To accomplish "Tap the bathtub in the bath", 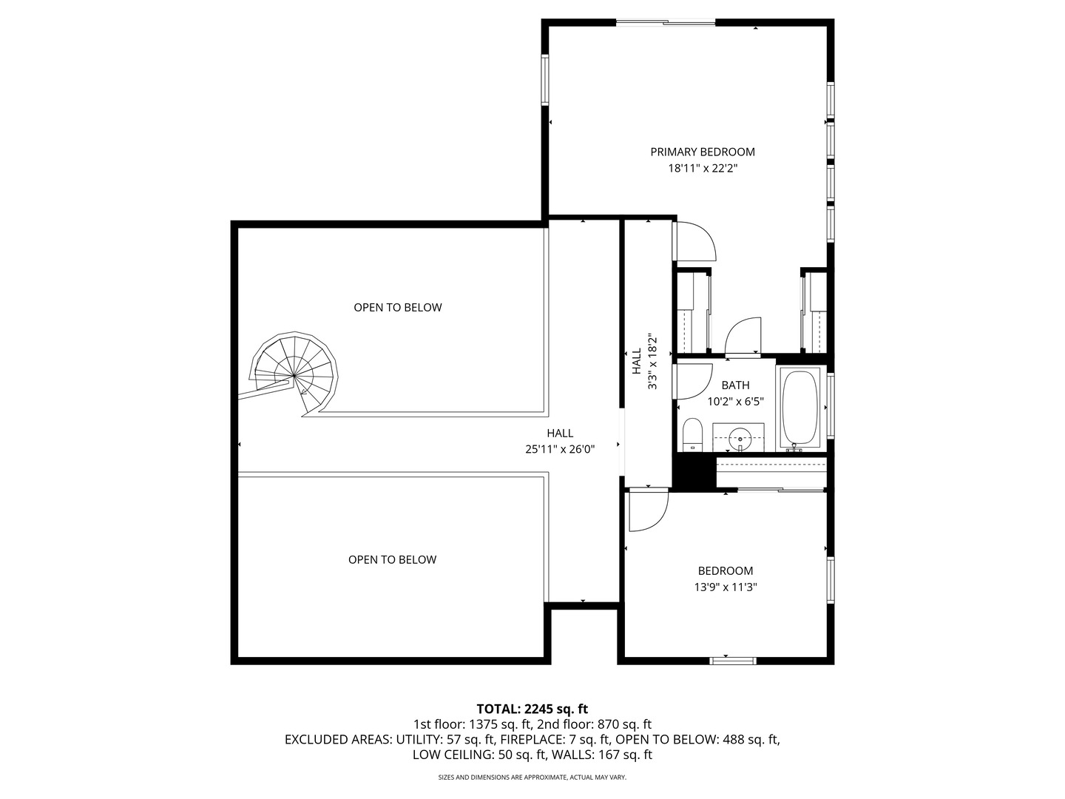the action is tap(800, 408).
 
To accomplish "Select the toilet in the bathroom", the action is tap(692, 435).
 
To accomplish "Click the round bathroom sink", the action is tap(740, 437).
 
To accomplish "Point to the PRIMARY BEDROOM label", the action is tap(703, 152).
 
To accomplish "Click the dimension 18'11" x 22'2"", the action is tap(703, 169).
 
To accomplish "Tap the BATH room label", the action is tap(735, 385).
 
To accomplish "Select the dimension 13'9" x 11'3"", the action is tap(726, 587).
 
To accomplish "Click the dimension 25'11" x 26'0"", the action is tap(560, 449).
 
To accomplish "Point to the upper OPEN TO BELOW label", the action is tap(397, 308).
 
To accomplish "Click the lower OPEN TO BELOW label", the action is tap(392, 559).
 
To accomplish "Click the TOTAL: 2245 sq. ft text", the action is tap(532, 709).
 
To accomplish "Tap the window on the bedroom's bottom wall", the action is tap(733, 660).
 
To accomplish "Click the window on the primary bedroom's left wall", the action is tap(545, 80).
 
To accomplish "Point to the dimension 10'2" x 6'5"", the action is tap(735, 402).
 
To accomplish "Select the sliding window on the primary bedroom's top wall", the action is tap(666, 22).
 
